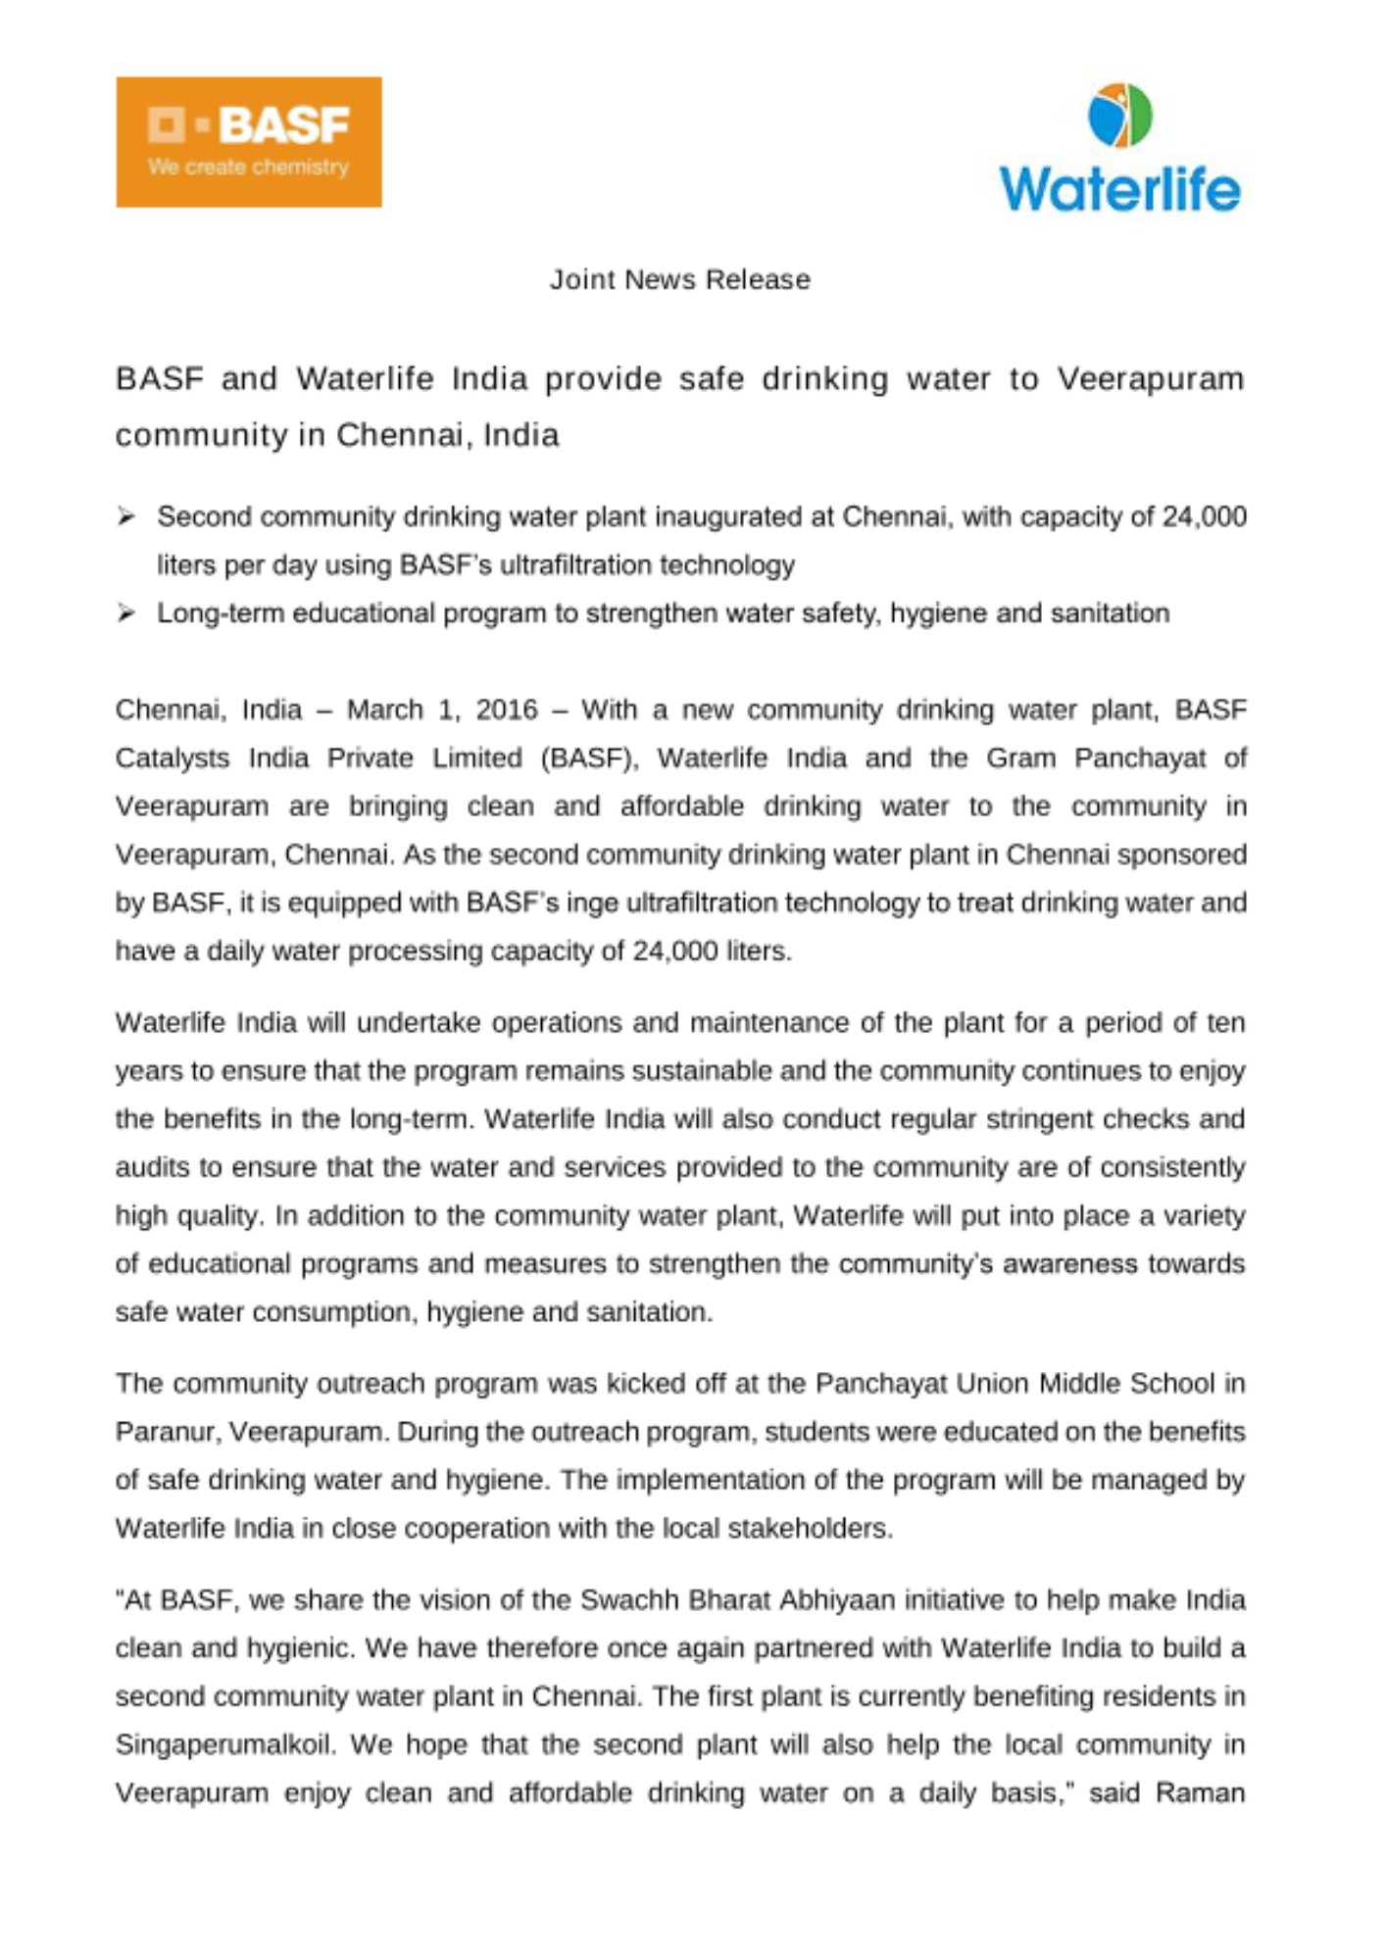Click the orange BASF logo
pos(248,141)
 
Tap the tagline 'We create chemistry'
pos(248,168)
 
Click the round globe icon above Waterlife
pos(1120,115)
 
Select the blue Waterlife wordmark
pos(1120,188)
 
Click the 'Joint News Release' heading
pos(679,280)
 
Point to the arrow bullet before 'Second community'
pos(125,516)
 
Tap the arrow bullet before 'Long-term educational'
pos(125,613)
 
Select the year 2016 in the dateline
pos(507,710)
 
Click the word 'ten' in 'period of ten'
pos(1225,1023)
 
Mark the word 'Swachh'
pos(626,1600)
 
